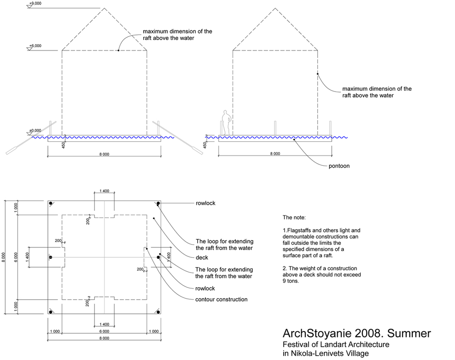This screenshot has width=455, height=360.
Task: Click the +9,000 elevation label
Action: click(35, 4)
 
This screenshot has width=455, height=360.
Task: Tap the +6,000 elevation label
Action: click(35, 46)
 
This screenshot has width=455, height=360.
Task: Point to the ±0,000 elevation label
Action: click(35, 131)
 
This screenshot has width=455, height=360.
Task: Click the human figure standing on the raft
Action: click(227, 122)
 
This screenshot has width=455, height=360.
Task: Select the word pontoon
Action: click(339, 166)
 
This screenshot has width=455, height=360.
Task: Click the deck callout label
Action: click(202, 258)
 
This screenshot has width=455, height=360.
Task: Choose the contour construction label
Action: click(221, 299)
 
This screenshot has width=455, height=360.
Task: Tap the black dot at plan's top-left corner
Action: click(51, 203)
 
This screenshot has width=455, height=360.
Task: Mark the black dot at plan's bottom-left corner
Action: click(51, 312)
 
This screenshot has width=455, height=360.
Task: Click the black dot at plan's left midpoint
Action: click(51, 257)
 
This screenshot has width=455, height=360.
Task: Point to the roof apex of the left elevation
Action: click(104, 8)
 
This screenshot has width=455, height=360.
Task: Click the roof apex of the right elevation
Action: click(275, 8)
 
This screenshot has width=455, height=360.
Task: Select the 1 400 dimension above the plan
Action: click(104, 191)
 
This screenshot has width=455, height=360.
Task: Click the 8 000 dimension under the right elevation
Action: click(275, 154)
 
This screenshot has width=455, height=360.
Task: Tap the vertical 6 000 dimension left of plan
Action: click(16, 257)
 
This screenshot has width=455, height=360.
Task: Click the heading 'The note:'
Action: click(294, 218)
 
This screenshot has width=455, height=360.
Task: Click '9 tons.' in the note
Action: click(291, 281)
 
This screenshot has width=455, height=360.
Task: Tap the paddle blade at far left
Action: click(12, 151)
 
